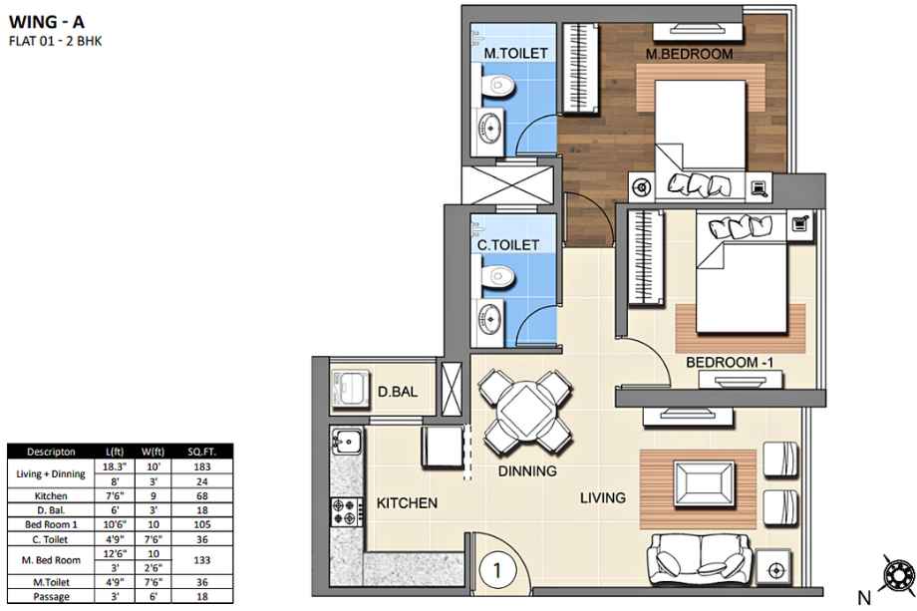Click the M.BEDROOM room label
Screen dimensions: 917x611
click(x=689, y=54)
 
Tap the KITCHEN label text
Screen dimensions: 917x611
click(x=407, y=502)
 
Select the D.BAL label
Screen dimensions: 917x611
click(x=398, y=392)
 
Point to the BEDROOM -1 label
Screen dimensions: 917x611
click(x=730, y=363)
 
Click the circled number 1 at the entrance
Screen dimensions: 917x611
click(x=497, y=570)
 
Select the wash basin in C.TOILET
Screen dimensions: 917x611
click(x=490, y=319)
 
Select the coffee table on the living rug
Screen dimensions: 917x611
click(x=704, y=484)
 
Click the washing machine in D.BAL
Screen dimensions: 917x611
click(x=350, y=389)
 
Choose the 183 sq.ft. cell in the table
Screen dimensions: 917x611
click(x=202, y=466)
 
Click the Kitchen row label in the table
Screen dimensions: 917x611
click(x=51, y=495)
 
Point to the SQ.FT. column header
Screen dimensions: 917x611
click(x=202, y=452)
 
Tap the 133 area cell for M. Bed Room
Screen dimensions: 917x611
click(x=202, y=560)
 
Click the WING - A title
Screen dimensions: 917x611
click(x=47, y=22)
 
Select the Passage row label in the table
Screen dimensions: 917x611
click(x=51, y=597)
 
